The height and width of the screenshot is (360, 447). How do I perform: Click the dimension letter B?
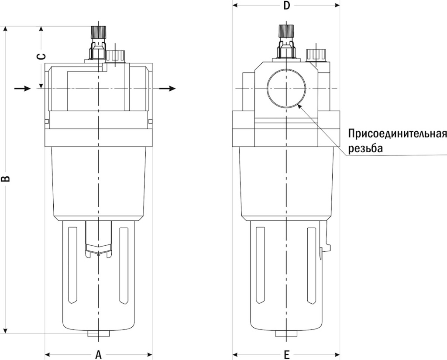[6, 179]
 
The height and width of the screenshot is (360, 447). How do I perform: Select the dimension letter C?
[40, 57]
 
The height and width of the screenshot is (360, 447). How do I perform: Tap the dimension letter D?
[286, 6]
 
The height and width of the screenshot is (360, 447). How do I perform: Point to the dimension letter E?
[286, 354]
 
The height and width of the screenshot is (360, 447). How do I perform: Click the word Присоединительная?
[397, 133]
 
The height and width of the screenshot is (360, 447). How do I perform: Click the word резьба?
[365, 148]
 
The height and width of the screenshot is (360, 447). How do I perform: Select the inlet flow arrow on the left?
[22, 89]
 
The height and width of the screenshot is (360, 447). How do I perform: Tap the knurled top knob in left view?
[99, 32]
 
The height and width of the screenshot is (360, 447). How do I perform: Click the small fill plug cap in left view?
[116, 56]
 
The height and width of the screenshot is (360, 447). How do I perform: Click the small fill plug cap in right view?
[314, 55]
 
